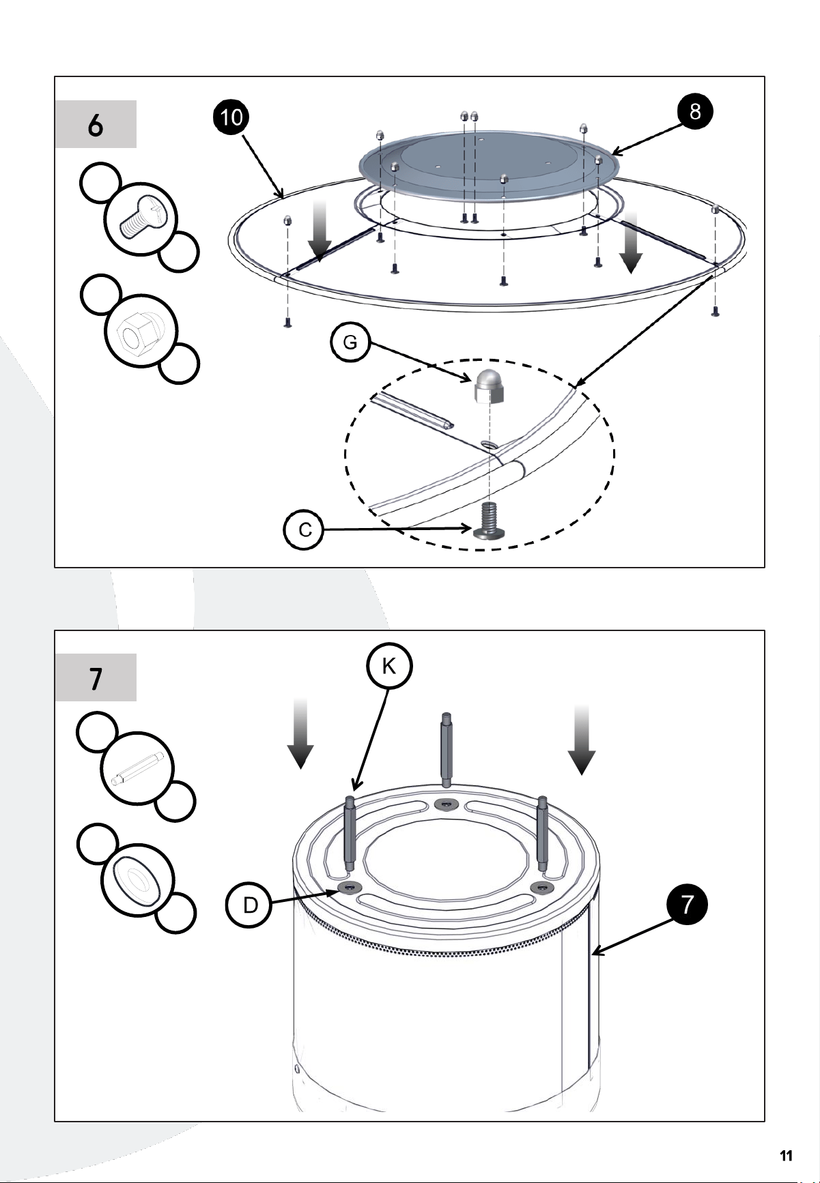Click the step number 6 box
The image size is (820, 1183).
pyautogui.click(x=96, y=124)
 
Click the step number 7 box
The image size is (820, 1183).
pyautogui.click(x=96, y=677)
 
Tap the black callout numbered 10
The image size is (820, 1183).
pyautogui.click(x=232, y=117)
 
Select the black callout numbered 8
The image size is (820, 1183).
pyautogui.click(x=694, y=112)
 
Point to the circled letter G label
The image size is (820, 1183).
pyautogui.click(x=350, y=342)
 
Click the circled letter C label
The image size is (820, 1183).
pyautogui.click(x=304, y=530)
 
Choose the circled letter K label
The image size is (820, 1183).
pyautogui.click(x=388, y=667)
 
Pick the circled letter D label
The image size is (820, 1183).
pyautogui.click(x=251, y=905)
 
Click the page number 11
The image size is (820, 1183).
pyautogui.click(x=786, y=1156)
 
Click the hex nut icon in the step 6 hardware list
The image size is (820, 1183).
pyautogui.click(x=141, y=332)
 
